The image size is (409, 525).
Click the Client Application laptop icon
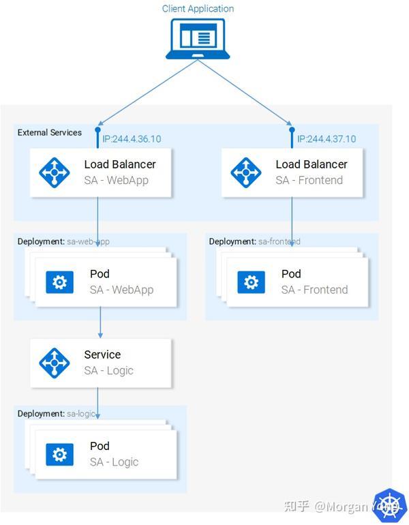198,38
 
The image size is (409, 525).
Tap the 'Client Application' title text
198,9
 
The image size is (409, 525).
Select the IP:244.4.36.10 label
132,139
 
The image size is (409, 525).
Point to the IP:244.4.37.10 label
326,139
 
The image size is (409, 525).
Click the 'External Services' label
50,132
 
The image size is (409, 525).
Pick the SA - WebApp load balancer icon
55,172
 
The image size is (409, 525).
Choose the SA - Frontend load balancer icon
246,172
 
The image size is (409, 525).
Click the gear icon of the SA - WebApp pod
59,282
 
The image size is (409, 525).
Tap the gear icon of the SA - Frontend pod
251,282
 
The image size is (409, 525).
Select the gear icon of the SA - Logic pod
59,454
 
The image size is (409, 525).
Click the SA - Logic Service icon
55,363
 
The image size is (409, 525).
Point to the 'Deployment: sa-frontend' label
254,241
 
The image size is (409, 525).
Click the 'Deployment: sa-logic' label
56,414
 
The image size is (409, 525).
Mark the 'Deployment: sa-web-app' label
63,241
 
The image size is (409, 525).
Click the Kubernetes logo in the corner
390,506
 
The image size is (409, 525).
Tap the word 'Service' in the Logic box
102,355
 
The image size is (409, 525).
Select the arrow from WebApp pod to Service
100,322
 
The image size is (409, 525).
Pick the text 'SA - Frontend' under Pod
314,290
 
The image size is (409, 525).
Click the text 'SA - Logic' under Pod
114,462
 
